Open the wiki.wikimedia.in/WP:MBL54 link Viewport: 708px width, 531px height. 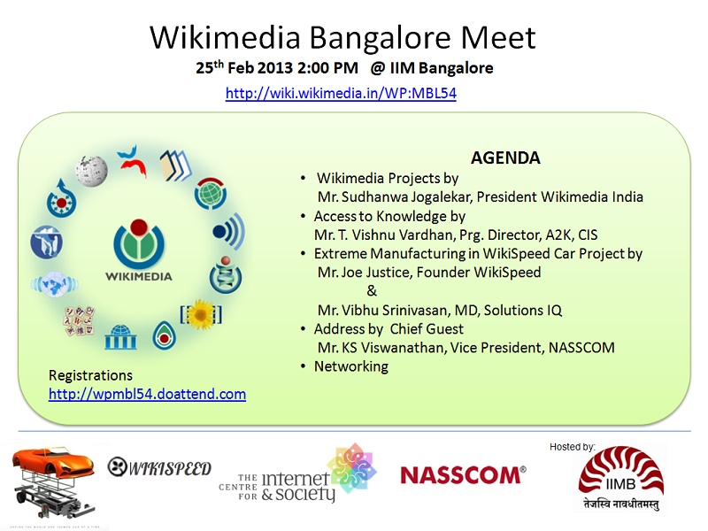coord(341,93)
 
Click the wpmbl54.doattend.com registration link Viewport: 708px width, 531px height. coord(147,394)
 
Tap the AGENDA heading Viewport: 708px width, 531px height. coord(505,158)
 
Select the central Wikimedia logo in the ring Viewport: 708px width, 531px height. coord(135,243)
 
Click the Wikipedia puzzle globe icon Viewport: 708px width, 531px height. coord(91,170)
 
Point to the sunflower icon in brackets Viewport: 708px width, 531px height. coord(201,313)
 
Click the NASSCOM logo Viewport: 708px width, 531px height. coord(463,476)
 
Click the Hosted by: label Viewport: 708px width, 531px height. coord(573,447)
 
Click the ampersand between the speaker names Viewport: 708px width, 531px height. coord(372,291)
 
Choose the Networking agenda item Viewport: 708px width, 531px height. coord(350,366)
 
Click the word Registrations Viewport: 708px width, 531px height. coord(90,375)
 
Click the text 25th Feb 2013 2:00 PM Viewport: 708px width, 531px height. coord(277,68)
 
